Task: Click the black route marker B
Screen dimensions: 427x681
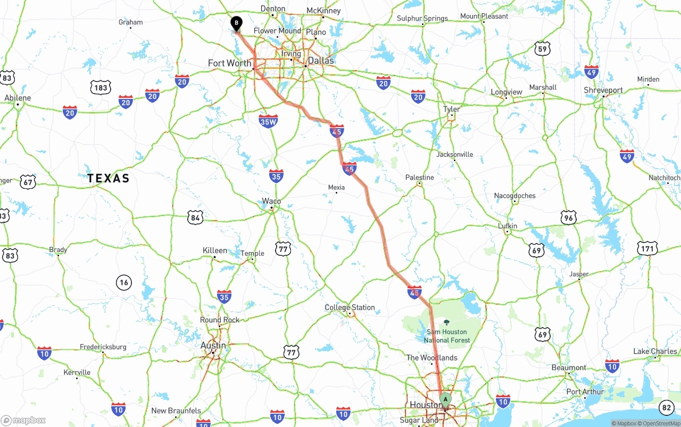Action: point(236,23)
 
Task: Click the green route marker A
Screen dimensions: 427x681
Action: point(445,399)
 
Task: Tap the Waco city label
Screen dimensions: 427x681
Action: point(271,201)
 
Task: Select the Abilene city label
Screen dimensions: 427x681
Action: point(18,98)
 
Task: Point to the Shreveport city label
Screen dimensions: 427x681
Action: point(603,90)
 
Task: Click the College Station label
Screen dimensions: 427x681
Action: point(350,307)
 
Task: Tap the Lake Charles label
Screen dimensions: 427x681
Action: point(655,351)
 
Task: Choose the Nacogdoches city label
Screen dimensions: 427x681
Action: point(514,196)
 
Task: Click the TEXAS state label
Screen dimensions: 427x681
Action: point(109,178)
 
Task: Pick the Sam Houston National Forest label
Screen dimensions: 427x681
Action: point(447,336)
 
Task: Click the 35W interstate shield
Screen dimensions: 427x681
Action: point(268,122)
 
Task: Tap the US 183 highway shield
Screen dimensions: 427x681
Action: point(101,88)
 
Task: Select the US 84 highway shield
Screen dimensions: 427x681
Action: point(195,217)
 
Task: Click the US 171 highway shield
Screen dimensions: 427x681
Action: point(647,248)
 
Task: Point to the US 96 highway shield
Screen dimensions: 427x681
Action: point(569,217)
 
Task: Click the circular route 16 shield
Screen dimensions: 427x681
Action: point(124,282)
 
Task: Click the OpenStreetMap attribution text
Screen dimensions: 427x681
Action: point(660,423)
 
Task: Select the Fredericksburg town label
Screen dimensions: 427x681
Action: point(103,347)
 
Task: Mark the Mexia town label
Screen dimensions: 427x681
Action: point(336,187)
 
